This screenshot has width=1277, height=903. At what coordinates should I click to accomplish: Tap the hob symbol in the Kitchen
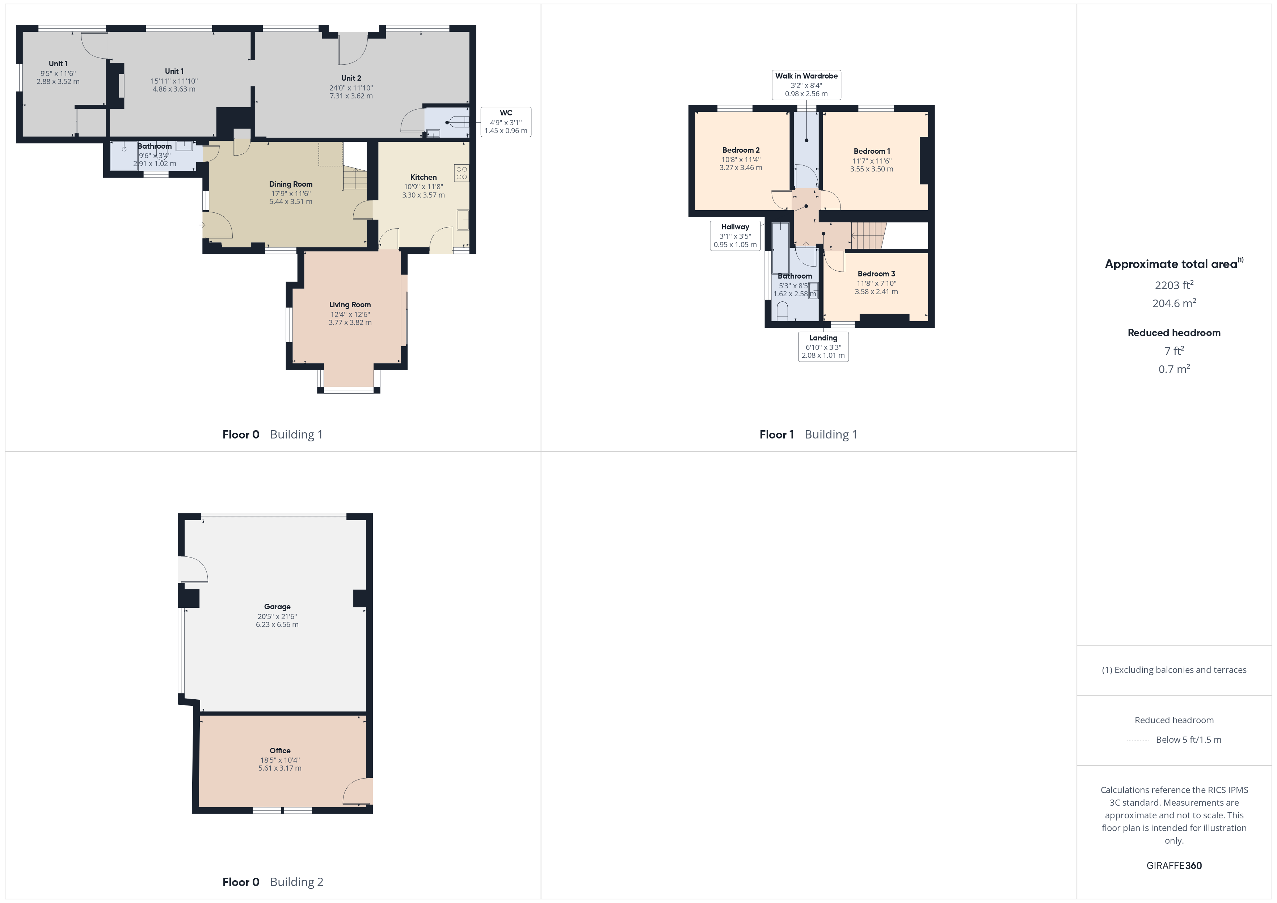(462, 173)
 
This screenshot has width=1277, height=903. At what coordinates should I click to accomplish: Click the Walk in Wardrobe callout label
(806, 76)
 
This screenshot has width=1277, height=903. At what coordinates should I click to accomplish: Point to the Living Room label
(350, 305)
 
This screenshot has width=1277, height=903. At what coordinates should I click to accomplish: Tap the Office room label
(280, 751)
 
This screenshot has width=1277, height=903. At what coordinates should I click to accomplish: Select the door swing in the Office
(357, 791)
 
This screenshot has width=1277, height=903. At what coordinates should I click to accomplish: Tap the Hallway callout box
(735, 236)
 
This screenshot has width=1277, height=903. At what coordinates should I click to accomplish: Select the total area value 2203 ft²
(1174, 285)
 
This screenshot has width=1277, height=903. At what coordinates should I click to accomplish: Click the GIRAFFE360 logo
(1174, 866)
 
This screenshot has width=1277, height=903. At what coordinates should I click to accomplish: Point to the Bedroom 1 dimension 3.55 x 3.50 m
(872, 169)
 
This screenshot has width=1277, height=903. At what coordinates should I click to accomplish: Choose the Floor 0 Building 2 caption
(273, 882)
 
